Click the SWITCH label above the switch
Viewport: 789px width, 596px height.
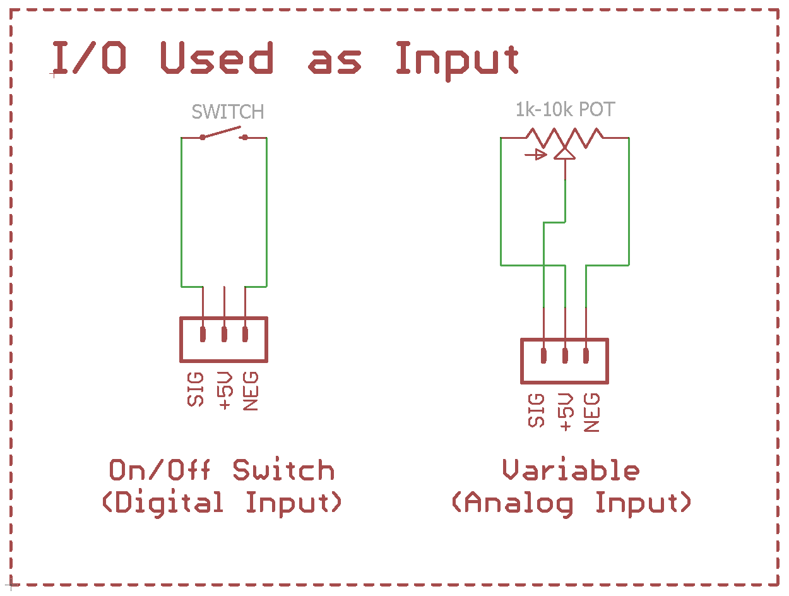tap(227, 112)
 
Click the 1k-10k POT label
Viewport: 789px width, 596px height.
tap(565, 109)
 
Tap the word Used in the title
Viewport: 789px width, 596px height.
tap(217, 57)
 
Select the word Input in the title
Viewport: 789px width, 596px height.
tap(457, 61)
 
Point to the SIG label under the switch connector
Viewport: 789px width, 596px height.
tap(196, 390)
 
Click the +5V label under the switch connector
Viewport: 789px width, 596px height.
tap(224, 391)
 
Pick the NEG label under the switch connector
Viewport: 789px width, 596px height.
tap(251, 391)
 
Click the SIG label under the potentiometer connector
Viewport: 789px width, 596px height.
tap(536, 410)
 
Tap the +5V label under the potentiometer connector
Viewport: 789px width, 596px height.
tap(565, 412)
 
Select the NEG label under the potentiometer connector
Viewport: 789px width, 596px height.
tap(591, 412)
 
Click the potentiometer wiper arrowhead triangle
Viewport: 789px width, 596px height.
tap(565, 153)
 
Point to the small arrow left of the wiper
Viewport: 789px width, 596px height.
tap(536, 155)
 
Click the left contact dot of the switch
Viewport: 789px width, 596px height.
tap(203, 137)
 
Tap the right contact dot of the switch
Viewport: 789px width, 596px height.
tap(245, 137)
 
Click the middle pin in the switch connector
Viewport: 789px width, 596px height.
tap(224, 334)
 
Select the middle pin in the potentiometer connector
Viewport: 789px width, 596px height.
tap(565, 355)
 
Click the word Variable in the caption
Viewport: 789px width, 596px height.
tap(571, 470)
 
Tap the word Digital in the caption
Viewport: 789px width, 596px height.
tap(169, 503)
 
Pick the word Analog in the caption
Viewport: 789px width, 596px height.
tap(519, 504)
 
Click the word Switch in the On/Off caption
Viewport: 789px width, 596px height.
tap(283, 470)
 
